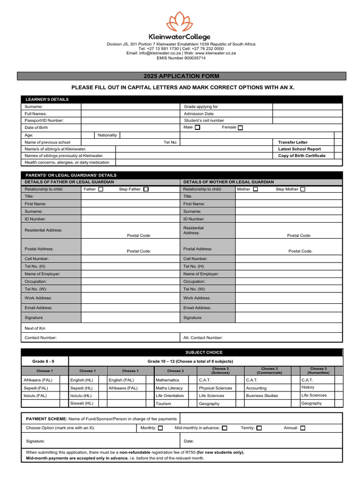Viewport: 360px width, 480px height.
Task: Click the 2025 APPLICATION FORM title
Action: [181, 76]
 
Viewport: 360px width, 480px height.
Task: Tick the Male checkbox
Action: [197, 127]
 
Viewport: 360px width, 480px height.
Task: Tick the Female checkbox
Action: [240, 127]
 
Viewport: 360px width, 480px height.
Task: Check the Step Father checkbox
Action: [146, 189]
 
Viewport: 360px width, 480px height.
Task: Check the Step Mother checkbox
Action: [303, 189]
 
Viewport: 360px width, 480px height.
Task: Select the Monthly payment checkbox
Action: [160, 428]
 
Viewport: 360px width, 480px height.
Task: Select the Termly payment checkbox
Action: [259, 428]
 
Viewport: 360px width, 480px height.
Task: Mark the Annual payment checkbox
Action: [302, 428]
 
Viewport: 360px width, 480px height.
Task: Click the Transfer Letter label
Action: [293, 142]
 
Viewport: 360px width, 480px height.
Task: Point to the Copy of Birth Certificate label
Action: [301, 156]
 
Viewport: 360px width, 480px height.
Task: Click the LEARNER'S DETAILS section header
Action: [47, 99]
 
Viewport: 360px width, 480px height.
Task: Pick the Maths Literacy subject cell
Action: [169, 388]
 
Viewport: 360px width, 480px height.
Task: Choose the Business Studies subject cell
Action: [262, 396]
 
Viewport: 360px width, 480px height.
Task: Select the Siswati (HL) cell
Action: [82, 403]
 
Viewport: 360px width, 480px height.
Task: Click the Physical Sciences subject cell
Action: [215, 388]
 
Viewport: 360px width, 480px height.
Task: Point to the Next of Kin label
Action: [35, 328]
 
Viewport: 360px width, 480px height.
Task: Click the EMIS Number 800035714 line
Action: [181, 58]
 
